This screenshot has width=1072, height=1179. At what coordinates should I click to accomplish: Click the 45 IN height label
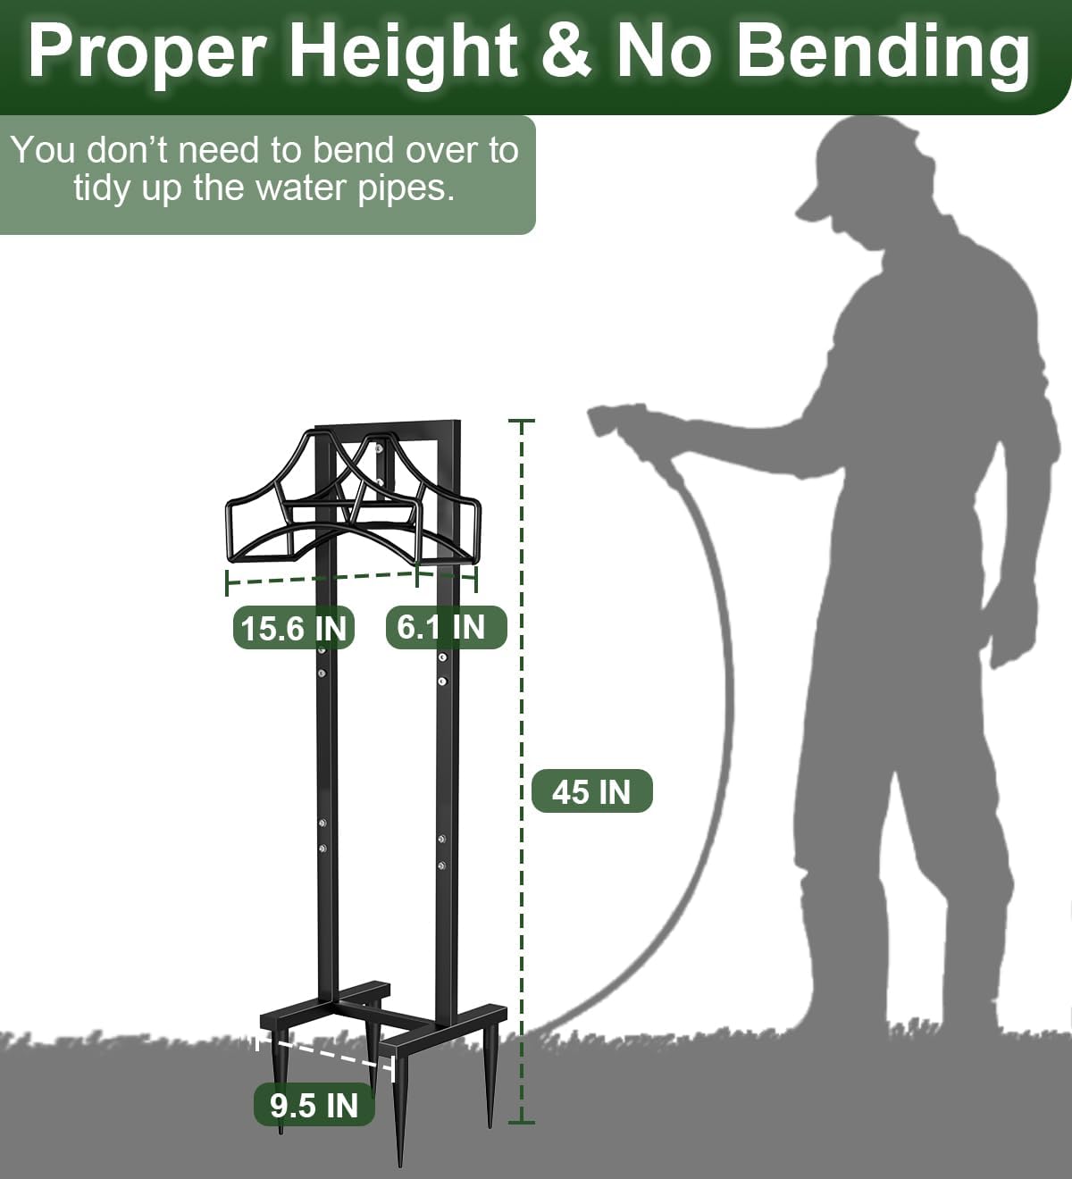591,791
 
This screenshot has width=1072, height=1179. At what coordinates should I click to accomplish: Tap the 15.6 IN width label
293,628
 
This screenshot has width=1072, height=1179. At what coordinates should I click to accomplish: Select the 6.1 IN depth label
446,627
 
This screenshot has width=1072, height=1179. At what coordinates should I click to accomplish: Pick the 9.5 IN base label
314,1104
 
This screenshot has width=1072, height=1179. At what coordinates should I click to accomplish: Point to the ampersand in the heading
565,52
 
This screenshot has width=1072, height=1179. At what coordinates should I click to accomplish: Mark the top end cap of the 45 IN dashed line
522,421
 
